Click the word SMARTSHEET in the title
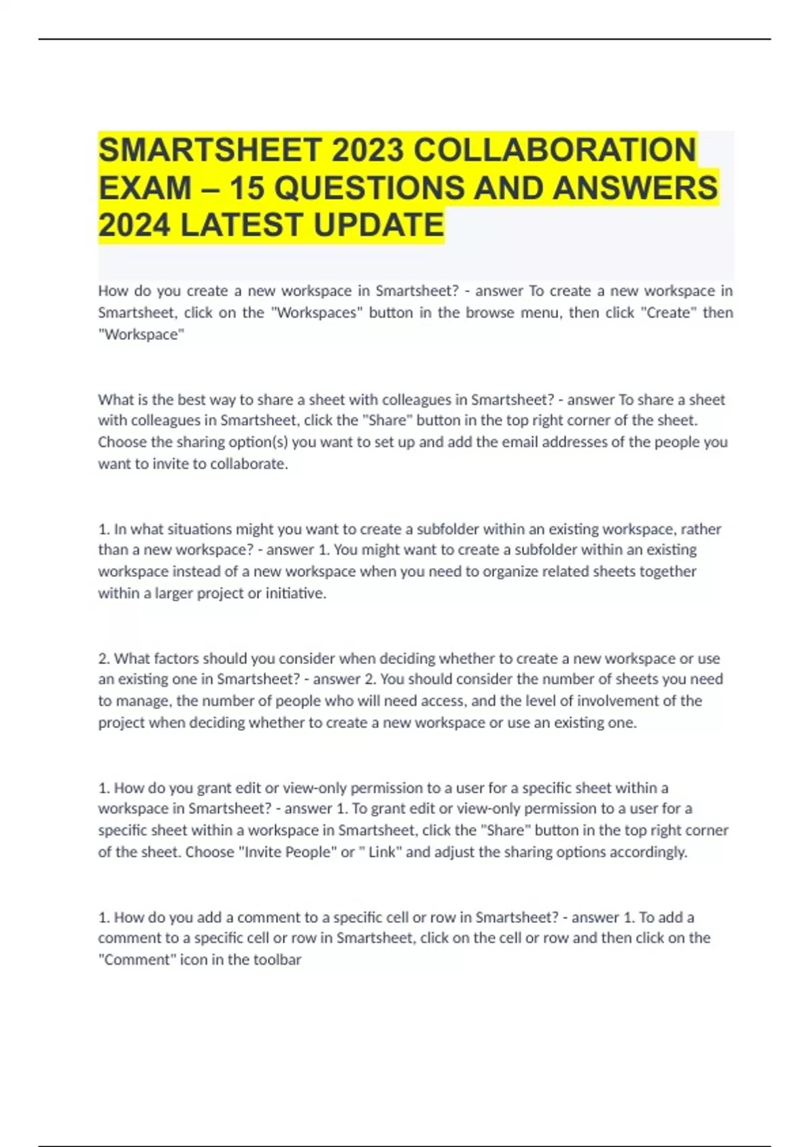click(209, 150)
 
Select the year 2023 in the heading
click(367, 150)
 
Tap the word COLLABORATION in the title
click(554, 150)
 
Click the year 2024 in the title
click(134, 225)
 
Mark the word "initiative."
click(296, 594)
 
